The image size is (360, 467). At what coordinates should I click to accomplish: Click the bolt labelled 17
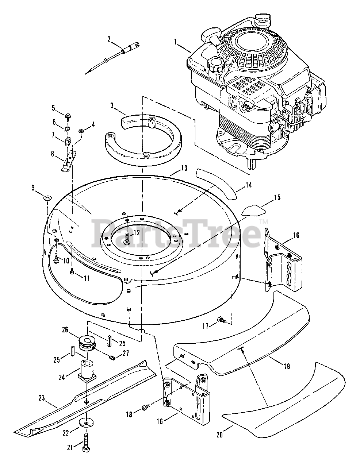coord(222,320)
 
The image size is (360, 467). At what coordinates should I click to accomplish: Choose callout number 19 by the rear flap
coord(287,366)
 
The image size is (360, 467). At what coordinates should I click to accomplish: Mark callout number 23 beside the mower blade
coord(42,398)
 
